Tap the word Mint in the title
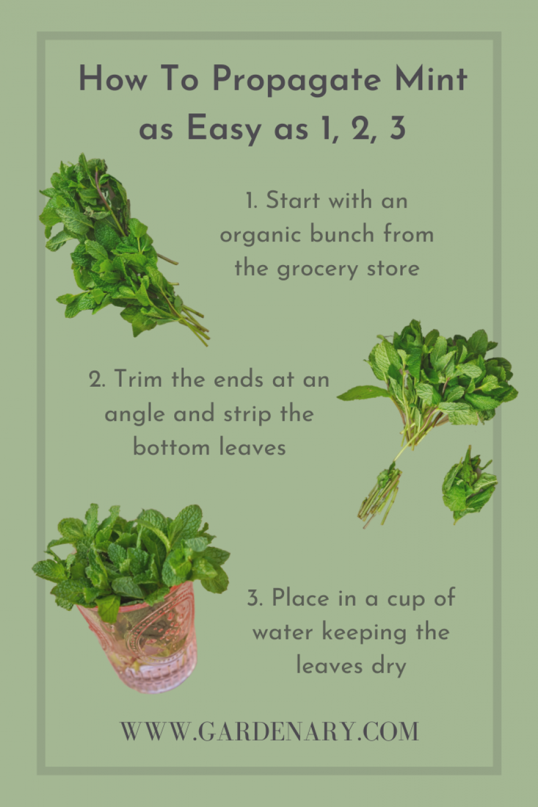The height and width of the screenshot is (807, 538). tap(430, 79)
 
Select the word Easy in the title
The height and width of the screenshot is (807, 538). tap(223, 128)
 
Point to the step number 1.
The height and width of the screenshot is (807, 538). tap(250, 201)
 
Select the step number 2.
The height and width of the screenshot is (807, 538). tap(97, 380)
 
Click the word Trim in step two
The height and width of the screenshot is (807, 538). tap(138, 379)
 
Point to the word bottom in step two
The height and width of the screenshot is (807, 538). tap(171, 447)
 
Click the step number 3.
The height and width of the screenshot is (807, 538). tap(255, 598)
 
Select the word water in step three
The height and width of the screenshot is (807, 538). tap(283, 632)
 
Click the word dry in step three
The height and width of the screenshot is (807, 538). tap(388, 666)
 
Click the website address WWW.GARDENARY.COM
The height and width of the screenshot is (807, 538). tap(269, 731)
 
